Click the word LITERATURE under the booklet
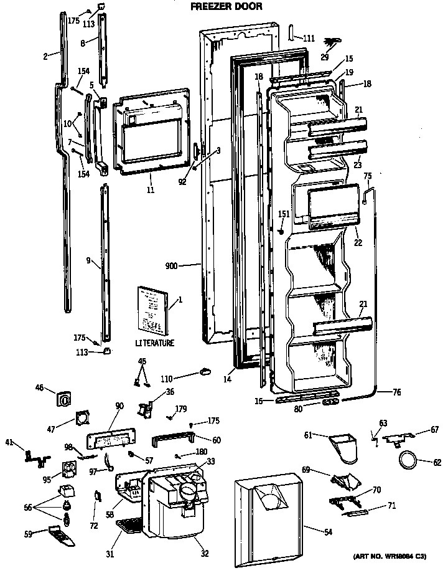click(x=154, y=343)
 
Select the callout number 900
click(x=172, y=266)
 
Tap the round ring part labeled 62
click(x=407, y=462)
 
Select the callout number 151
click(x=284, y=214)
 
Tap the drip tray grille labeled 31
click(x=133, y=526)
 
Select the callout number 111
click(x=309, y=39)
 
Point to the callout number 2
click(x=45, y=56)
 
